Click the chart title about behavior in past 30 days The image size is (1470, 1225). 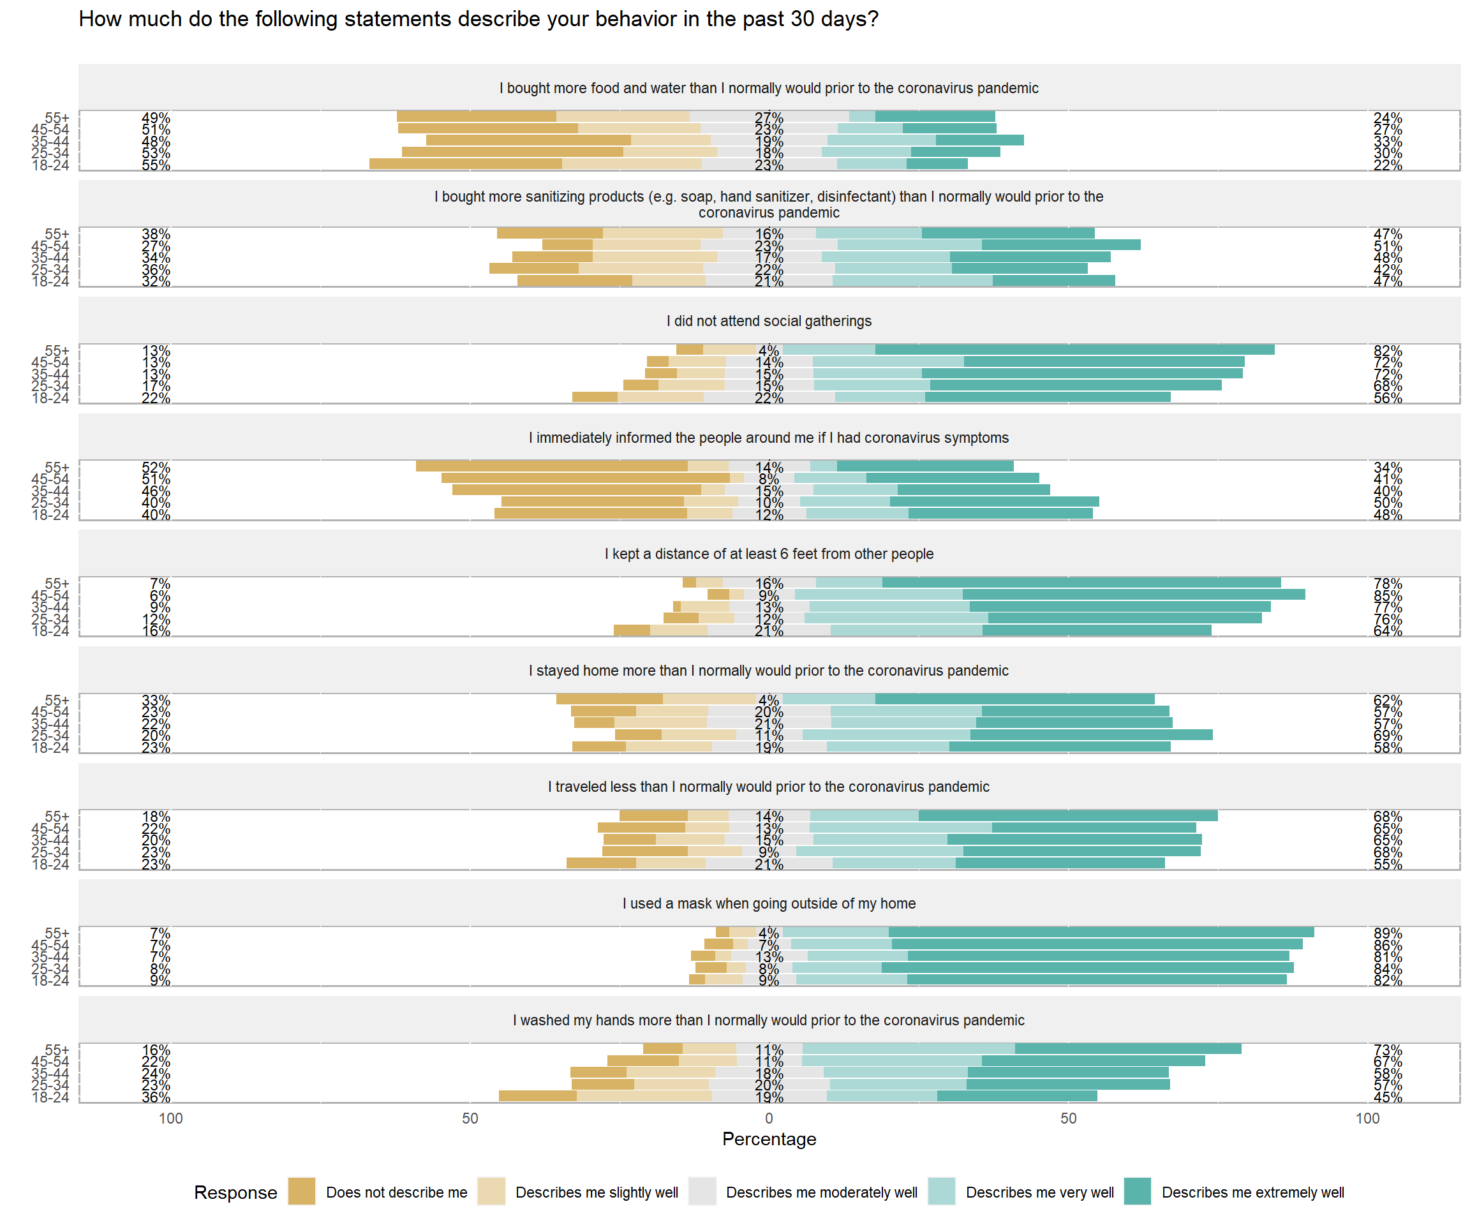(x=478, y=19)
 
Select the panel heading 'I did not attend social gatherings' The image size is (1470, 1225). (x=769, y=320)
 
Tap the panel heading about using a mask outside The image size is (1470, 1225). (x=769, y=903)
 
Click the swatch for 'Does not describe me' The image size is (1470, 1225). (x=302, y=1191)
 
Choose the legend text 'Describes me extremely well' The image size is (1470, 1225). (x=1252, y=1192)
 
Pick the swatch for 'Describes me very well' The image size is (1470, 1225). (x=942, y=1191)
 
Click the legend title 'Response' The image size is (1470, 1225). (x=235, y=1192)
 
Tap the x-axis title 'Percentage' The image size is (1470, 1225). (x=769, y=1139)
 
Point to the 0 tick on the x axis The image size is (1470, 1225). (x=769, y=1118)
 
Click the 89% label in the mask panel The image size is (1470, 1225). (x=1388, y=933)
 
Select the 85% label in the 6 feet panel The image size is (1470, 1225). (x=1388, y=596)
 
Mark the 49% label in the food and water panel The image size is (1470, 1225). (x=156, y=117)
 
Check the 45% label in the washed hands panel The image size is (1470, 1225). (x=1388, y=1097)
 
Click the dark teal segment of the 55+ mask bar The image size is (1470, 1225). (x=1101, y=932)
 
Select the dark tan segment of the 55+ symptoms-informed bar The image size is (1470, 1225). (x=552, y=466)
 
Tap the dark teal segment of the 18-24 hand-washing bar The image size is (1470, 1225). (x=1017, y=1096)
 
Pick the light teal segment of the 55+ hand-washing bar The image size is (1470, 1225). (x=909, y=1049)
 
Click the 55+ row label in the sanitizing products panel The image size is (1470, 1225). (x=57, y=234)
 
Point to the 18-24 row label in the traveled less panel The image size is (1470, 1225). (x=50, y=864)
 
